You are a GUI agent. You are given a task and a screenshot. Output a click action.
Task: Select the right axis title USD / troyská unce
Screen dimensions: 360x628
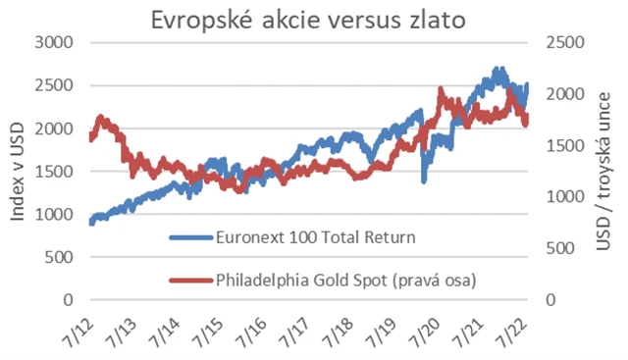604,172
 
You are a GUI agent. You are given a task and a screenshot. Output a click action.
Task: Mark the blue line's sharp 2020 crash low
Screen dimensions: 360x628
423,180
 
